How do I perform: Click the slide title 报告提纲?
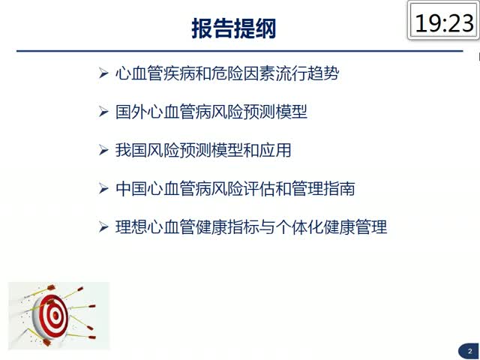pos(234,28)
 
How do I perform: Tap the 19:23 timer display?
pos(444,23)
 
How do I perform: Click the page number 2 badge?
pos(470,352)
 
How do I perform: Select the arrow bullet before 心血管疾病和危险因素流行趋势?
pos(103,73)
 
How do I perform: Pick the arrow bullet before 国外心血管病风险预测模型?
pos(103,112)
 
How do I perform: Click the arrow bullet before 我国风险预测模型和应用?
pos(103,150)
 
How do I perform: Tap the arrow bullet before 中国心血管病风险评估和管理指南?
pos(103,188)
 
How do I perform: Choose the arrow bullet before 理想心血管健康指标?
pos(103,227)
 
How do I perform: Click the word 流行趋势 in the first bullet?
pos(307,73)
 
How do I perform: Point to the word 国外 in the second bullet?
pos(131,112)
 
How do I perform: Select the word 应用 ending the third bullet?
pos(275,150)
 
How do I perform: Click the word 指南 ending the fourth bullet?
pos(340,188)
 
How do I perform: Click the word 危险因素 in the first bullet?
pos(243,73)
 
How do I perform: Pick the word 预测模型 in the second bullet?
pos(275,112)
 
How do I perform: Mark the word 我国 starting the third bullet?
pos(131,150)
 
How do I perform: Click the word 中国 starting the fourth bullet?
pos(131,188)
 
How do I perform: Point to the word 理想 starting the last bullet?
pos(131,227)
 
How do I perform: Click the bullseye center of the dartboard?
pos(55,315)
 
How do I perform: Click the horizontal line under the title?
pos(240,51)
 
